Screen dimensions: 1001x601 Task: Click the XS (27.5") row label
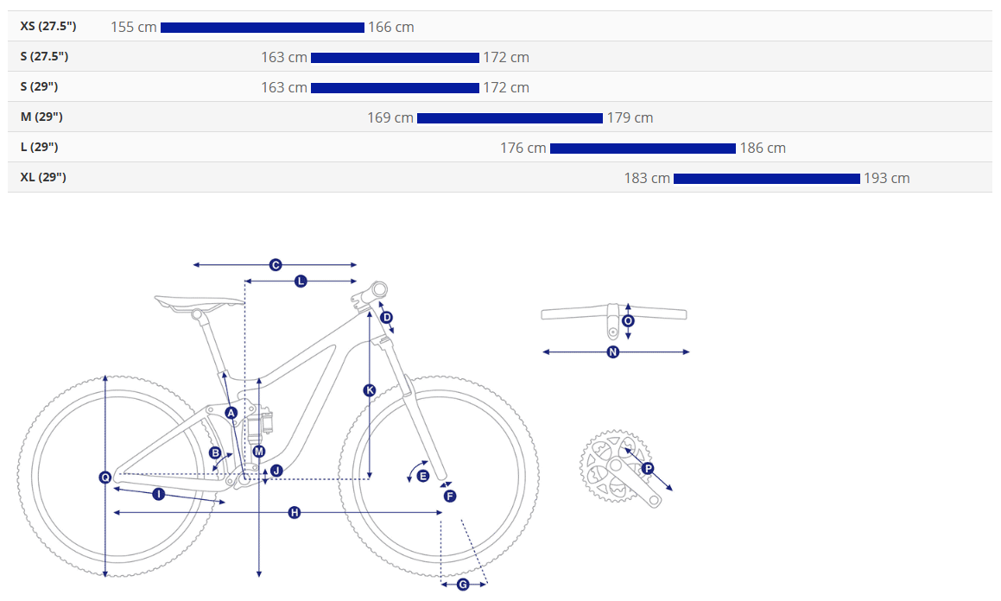[x=48, y=26]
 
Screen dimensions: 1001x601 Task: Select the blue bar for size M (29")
[x=510, y=118]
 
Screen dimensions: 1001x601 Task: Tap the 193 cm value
[x=887, y=179]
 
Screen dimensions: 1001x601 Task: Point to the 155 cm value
[x=133, y=28]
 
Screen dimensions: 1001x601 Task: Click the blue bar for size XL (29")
[x=767, y=179]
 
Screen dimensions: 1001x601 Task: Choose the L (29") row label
[x=39, y=148]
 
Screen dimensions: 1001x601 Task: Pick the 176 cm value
[x=523, y=148]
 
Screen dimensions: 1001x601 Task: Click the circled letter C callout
[x=276, y=265]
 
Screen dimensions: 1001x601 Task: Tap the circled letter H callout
[x=295, y=512]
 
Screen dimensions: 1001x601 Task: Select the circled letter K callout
[x=370, y=389]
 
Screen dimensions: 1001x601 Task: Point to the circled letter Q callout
[x=105, y=477]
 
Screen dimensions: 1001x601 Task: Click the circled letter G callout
[x=463, y=584]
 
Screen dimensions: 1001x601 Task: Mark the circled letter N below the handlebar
[x=613, y=351]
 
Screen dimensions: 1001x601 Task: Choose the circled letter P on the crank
[x=648, y=469]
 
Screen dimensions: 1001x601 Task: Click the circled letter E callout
[x=422, y=476]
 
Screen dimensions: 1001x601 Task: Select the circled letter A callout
[x=231, y=413]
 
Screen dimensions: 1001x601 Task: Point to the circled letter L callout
[x=301, y=281]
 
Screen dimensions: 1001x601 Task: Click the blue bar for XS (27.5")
[x=263, y=28]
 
